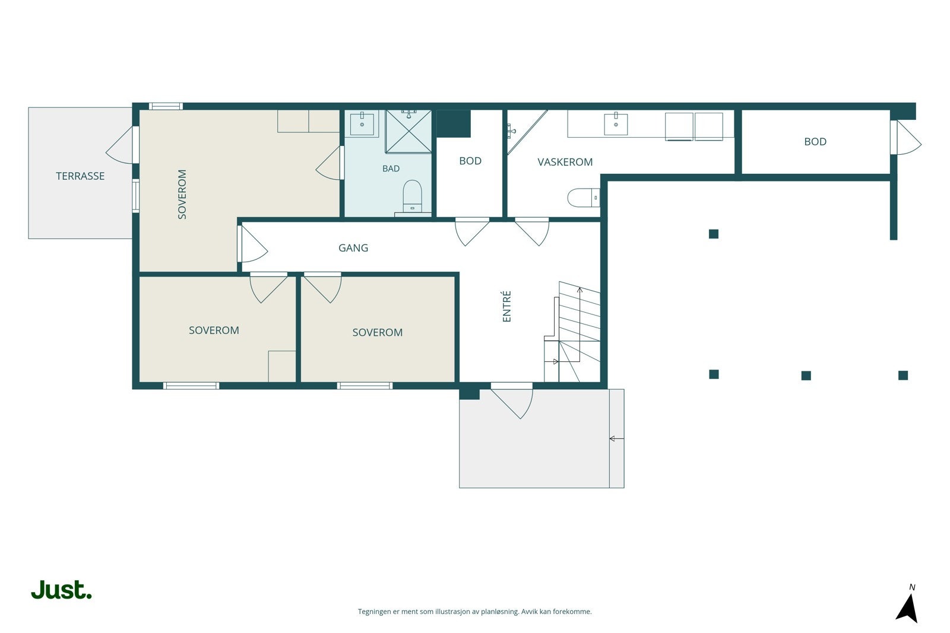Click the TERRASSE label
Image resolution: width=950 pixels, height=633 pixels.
coord(80,176)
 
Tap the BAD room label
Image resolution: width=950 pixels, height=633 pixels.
coord(391,168)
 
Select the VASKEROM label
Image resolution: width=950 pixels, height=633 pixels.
coord(565,162)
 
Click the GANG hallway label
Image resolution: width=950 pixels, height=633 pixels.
coord(353,248)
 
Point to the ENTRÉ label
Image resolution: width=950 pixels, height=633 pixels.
coord(506,306)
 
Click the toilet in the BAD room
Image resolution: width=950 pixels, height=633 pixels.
coord(412,196)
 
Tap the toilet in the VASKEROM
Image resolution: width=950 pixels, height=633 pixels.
coord(584,198)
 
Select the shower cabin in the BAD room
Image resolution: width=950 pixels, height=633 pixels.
coord(408,131)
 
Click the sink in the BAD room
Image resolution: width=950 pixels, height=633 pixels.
coord(362,123)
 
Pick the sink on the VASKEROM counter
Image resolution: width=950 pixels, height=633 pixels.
coord(615,124)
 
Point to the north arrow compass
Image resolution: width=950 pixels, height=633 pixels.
coord(907,605)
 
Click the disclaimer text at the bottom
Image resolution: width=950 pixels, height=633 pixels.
coord(474,612)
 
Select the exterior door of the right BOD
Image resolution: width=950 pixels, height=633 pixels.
coord(905,138)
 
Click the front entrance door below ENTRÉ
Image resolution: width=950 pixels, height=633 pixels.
coord(512,400)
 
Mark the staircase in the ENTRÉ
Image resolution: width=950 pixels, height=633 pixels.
coord(572,332)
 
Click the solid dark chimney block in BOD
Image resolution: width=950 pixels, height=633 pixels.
coord(454,123)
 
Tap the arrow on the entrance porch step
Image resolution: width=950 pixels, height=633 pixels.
coord(617,438)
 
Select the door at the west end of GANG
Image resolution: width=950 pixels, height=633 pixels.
coord(252,244)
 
